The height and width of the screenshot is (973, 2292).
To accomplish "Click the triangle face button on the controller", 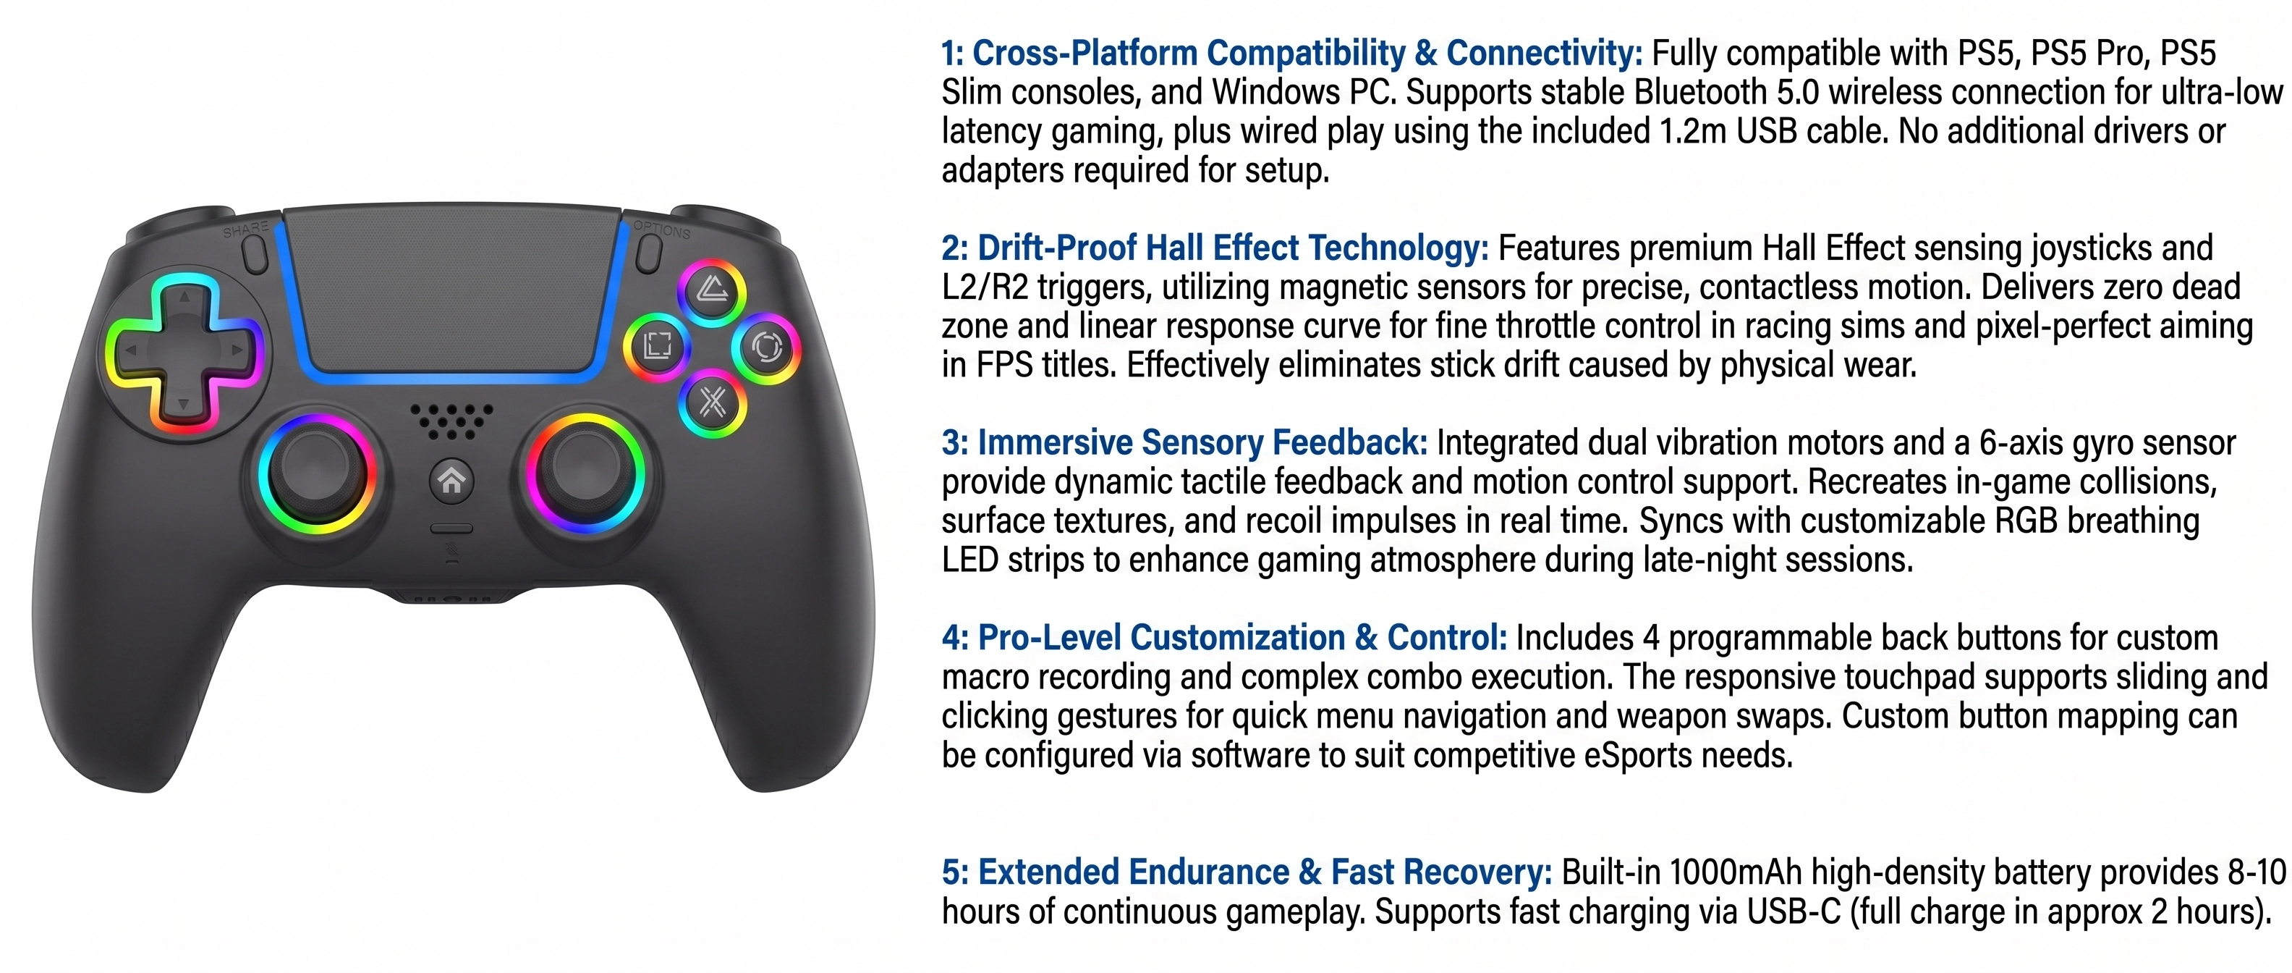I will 712,291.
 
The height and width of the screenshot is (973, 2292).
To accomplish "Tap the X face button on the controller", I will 712,403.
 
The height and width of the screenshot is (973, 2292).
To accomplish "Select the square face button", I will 657,346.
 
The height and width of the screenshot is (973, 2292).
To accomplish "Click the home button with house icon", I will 452,481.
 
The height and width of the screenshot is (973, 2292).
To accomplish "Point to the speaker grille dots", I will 452,420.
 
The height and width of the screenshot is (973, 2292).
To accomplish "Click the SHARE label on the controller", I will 245,229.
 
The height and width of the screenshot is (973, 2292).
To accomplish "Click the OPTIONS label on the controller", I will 662,229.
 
